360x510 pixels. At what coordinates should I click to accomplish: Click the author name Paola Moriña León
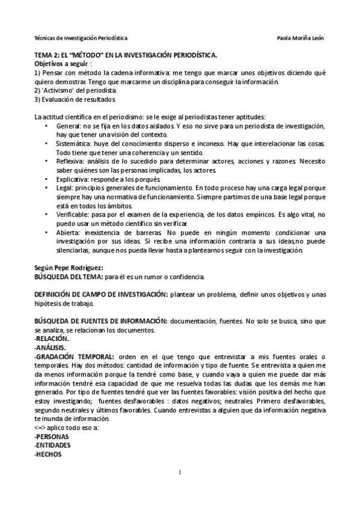301,37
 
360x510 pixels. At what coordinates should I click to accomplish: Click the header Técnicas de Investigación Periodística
81,37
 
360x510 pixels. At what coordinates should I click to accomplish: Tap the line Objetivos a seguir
63,63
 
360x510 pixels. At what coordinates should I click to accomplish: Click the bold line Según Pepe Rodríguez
69,268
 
